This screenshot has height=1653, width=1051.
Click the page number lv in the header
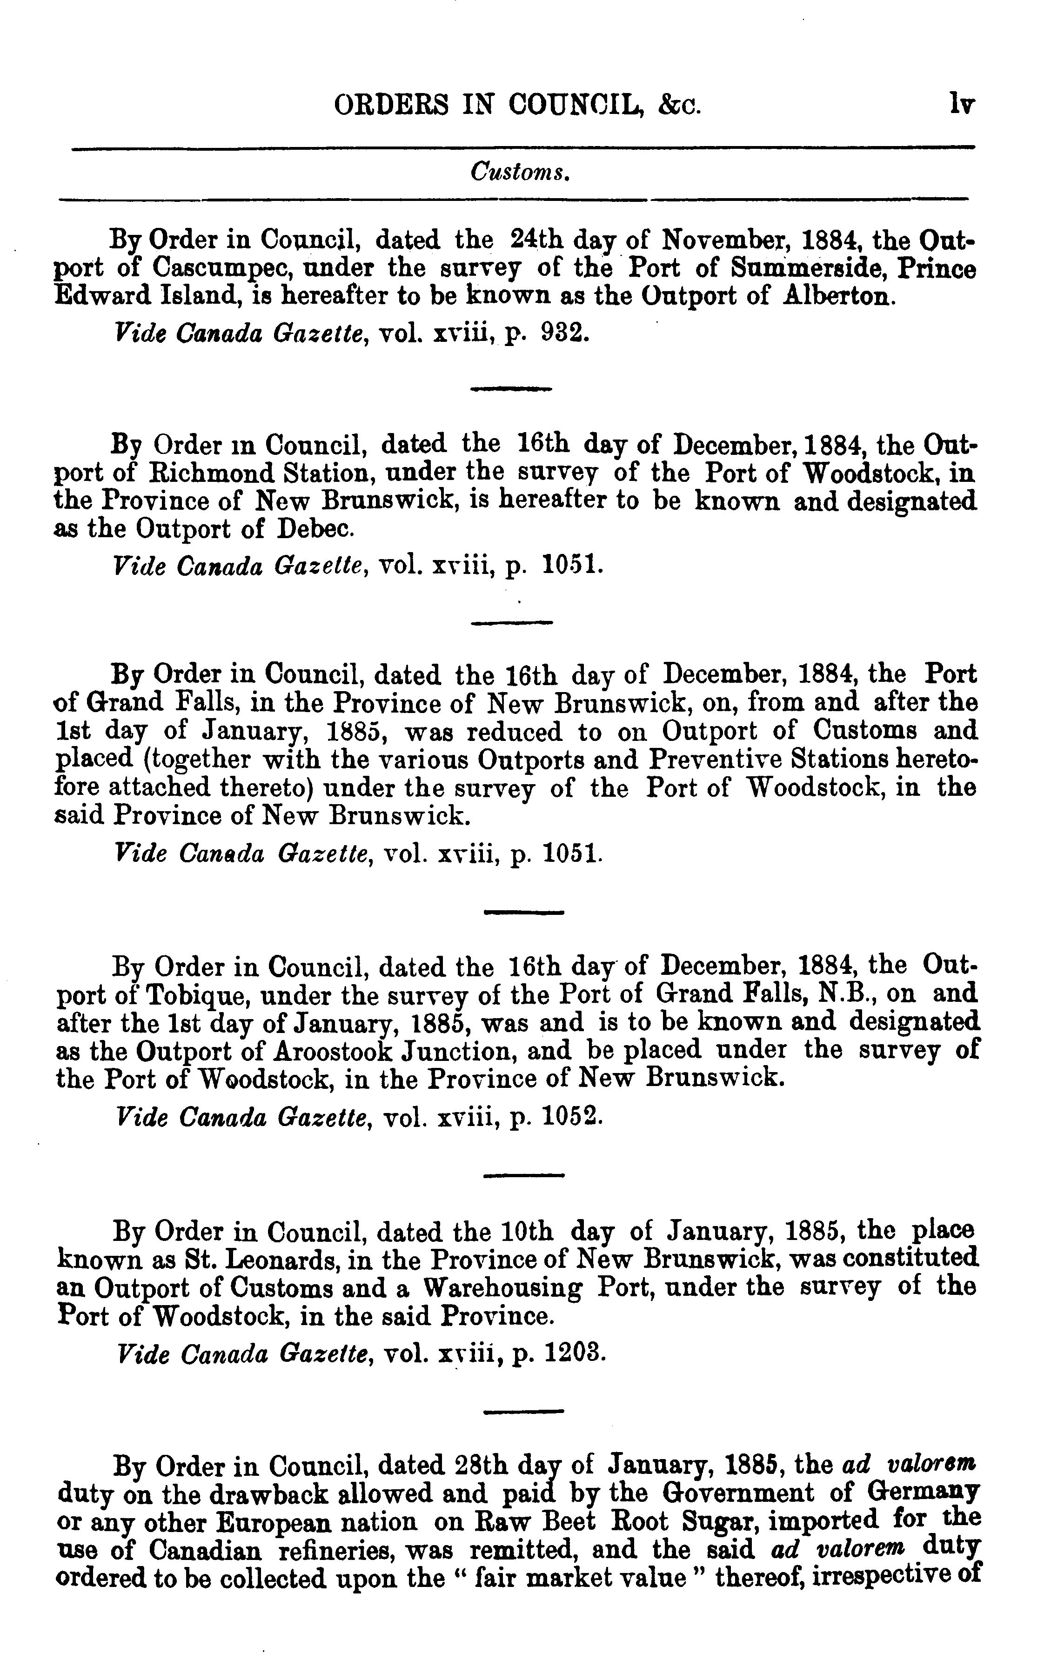(x=961, y=104)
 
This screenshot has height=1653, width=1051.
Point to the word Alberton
(x=839, y=297)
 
